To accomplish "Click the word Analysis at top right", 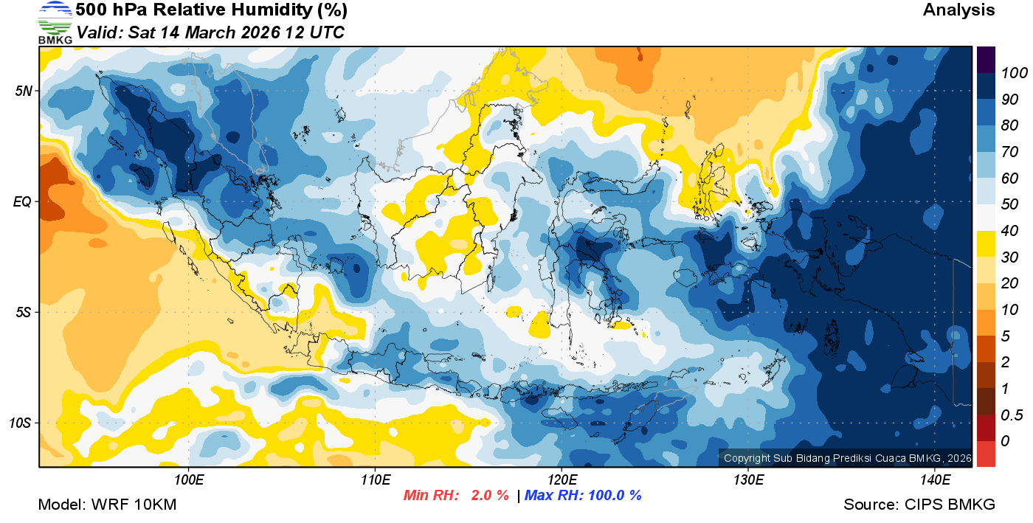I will click(x=958, y=10).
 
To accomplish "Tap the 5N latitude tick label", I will click(x=22, y=91).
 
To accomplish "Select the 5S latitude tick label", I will click(x=22, y=312).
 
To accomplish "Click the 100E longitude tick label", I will click(x=189, y=480).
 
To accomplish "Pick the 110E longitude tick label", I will click(x=376, y=480).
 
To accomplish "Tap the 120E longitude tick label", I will click(x=562, y=480).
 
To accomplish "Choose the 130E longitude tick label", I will click(x=748, y=480).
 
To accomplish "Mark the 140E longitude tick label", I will click(x=935, y=480).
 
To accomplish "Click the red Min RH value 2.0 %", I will click(x=489, y=496).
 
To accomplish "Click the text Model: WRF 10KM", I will click(x=107, y=505).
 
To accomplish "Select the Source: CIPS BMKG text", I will click(x=919, y=505).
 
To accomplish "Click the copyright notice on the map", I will click(x=847, y=458).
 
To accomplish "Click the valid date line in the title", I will click(x=210, y=33).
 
